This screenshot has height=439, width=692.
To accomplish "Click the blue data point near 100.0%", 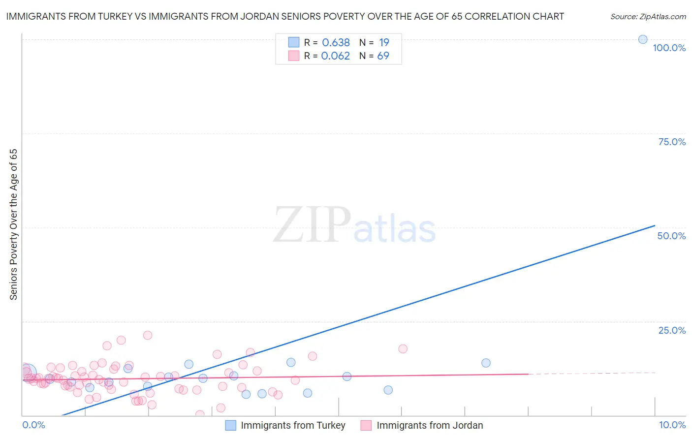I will (643, 39).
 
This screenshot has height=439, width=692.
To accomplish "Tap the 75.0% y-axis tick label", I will (672, 142).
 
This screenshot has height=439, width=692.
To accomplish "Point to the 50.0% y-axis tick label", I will (671, 236).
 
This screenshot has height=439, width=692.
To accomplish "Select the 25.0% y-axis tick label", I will (672, 330).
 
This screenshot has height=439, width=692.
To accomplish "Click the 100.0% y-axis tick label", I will (669, 48).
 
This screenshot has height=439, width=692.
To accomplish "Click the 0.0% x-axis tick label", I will (33, 425).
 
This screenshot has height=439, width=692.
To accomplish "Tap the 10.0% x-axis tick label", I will (672, 425).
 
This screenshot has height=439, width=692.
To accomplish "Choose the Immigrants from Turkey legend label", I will (293, 425).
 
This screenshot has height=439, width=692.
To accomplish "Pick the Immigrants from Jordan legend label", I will (430, 425).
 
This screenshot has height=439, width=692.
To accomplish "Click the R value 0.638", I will (336, 43).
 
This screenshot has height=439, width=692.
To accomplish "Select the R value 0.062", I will (335, 56).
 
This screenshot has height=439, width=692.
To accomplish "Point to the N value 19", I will (384, 43).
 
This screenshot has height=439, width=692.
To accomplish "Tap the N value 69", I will (383, 56).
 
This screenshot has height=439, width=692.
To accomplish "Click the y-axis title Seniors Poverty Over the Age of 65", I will (13, 224).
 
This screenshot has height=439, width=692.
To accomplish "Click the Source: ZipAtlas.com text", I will (648, 17).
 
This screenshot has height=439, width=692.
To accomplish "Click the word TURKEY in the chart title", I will (115, 17).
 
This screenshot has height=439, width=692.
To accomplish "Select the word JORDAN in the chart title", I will (257, 17).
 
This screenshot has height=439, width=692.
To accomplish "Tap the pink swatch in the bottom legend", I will (366, 425).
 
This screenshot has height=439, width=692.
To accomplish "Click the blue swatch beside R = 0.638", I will (294, 42).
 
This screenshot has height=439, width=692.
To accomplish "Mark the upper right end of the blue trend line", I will (655, 225).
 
